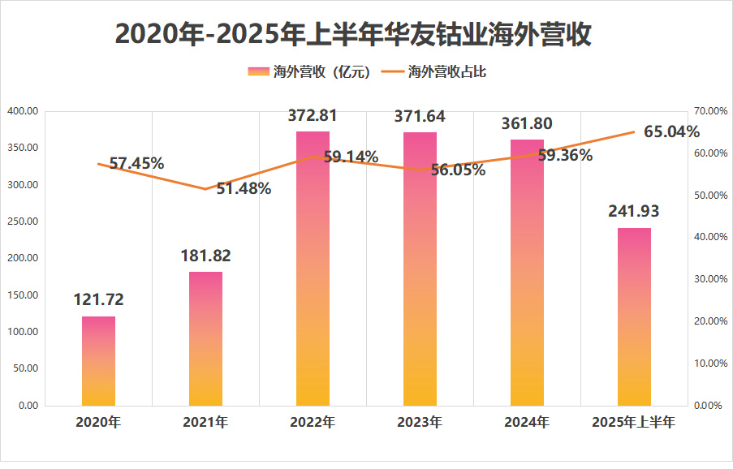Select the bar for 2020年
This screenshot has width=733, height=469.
click(98, 361)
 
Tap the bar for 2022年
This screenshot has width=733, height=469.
click(313, 268)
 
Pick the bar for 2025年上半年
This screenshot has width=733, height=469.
click(634, 316)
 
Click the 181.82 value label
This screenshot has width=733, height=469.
click(205, 256)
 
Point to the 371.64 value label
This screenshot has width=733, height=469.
click(420, 117)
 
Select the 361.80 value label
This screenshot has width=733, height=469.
click(527, 124)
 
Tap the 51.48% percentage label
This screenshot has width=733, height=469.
click(244, 189)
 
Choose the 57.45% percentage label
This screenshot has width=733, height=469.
click(136, 163)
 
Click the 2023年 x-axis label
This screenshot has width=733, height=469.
click(420, 423)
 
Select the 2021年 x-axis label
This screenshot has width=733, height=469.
click(205, 423)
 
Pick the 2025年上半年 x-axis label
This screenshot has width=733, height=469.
click(634, 423)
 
